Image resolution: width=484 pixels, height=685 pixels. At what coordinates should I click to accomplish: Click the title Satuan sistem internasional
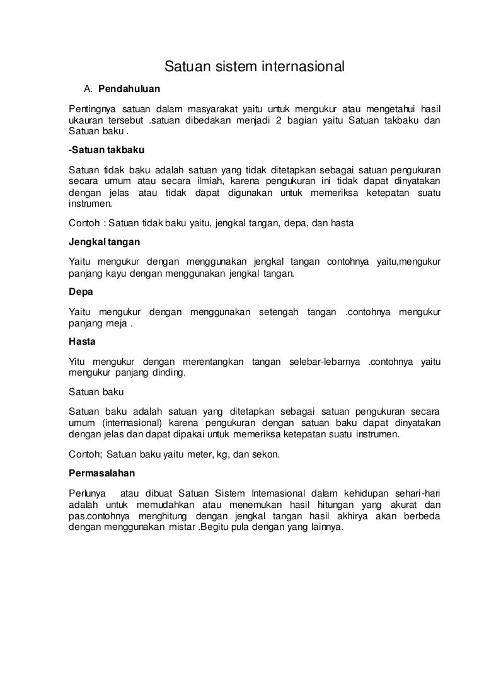[255, 66]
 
